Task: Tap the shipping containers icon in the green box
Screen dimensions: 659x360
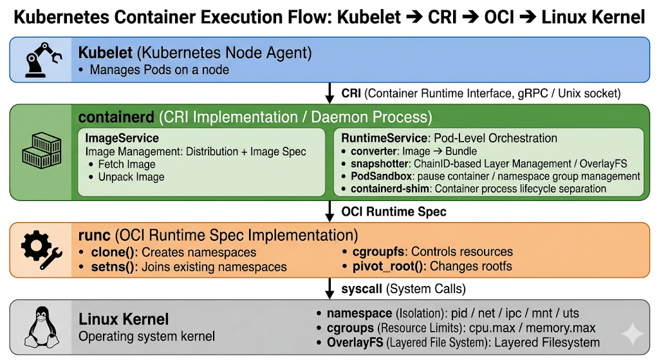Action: pos(42,151)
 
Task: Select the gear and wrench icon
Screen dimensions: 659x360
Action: pos(42,250)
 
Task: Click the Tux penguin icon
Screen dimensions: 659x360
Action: pos(41,327)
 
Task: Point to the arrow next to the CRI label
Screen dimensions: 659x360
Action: pos(330,93)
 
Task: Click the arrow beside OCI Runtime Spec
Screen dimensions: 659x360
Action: pos(330,211)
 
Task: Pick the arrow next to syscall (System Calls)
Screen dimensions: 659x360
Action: pos(330,289)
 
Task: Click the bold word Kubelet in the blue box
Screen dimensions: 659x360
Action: pos(106,53)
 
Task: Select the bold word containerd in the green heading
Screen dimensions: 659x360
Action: pos(116,117)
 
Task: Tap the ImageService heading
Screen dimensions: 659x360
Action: pos(122,138)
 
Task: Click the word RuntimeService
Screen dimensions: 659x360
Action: pos(384,138)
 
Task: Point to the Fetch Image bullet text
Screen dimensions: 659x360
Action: pos(127,164)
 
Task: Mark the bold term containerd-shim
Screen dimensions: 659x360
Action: pos(390,189)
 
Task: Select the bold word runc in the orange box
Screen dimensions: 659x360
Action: pos(95,236)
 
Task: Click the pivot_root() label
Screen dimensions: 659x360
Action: pos(387,266)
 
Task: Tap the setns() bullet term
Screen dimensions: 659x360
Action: pos(113,267)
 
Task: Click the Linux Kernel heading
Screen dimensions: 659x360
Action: pos(124,319)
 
